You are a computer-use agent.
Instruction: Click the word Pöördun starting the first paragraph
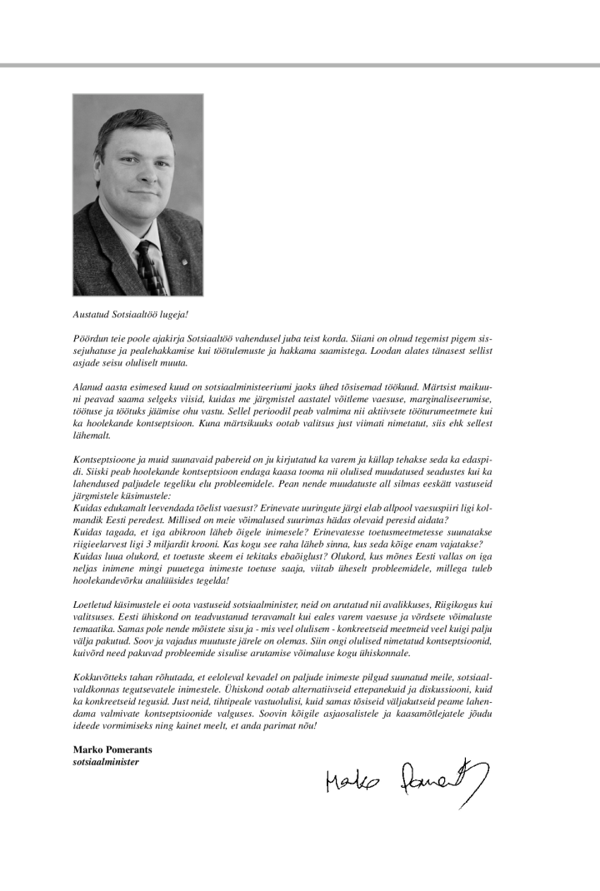point(89,341)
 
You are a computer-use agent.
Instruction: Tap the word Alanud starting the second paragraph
point(87,388)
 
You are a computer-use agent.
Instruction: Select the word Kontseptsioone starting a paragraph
point(102,459)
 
